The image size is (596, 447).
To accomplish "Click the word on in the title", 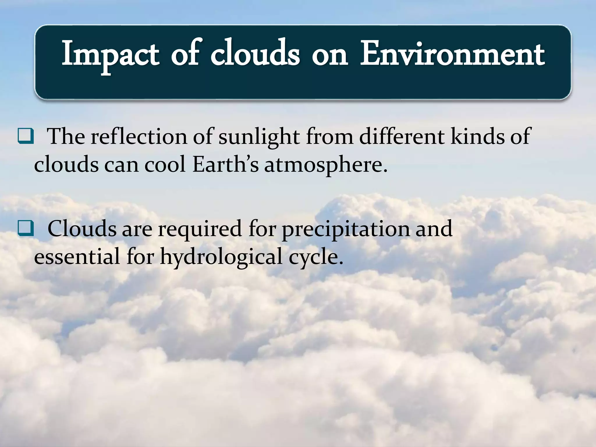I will (329, 55).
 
